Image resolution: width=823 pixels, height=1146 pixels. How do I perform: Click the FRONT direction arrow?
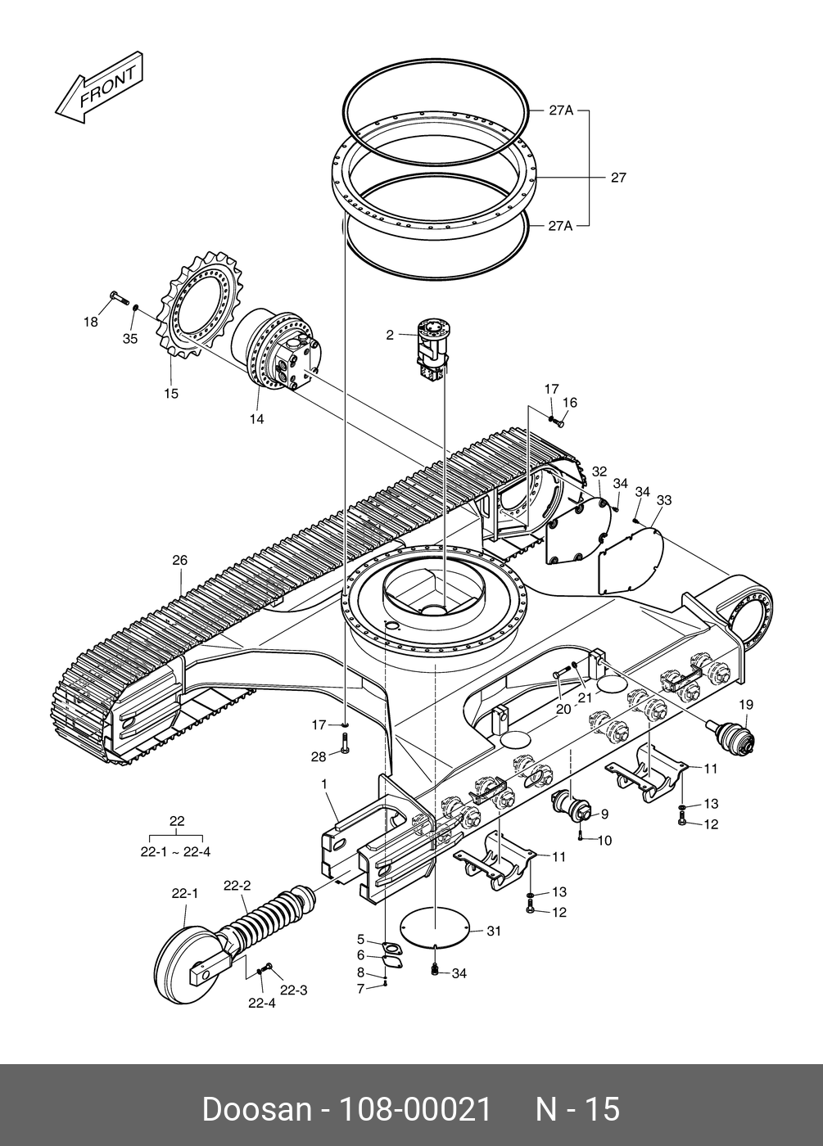coord(99,88)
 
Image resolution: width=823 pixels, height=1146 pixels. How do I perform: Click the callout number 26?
coord(179,560)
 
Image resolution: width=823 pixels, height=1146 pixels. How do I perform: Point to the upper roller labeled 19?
coord(730,737)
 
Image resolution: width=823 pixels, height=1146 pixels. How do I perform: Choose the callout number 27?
coord(618,178)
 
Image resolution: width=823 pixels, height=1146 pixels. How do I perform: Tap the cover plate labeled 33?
coord(631,562)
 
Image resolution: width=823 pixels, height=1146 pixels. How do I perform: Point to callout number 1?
coord(324,784)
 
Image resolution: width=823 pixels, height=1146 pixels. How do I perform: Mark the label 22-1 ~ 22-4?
coord(175,852)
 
